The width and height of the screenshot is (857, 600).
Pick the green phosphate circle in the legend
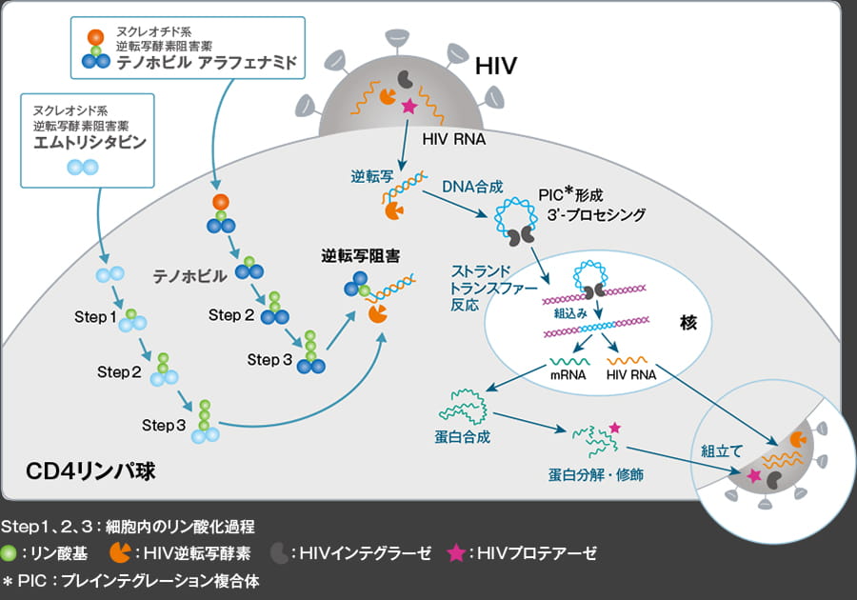(x=10, y=552)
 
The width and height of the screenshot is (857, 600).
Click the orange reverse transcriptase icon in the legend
(x=121, y=551)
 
